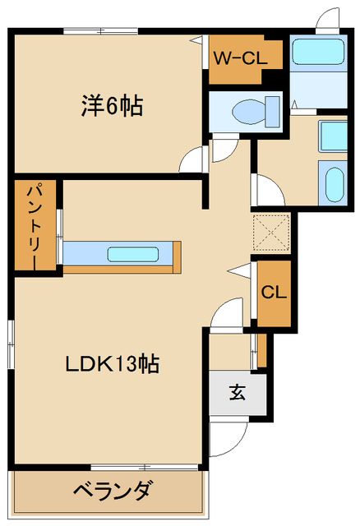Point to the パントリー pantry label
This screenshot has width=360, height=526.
tap(28, 224)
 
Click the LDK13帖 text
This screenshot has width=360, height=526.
tap(113, 362)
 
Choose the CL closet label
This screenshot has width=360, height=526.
tap(273, 292)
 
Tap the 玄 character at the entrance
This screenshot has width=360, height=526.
tap(238, 393)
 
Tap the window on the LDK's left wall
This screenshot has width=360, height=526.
tap(12, 338)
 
